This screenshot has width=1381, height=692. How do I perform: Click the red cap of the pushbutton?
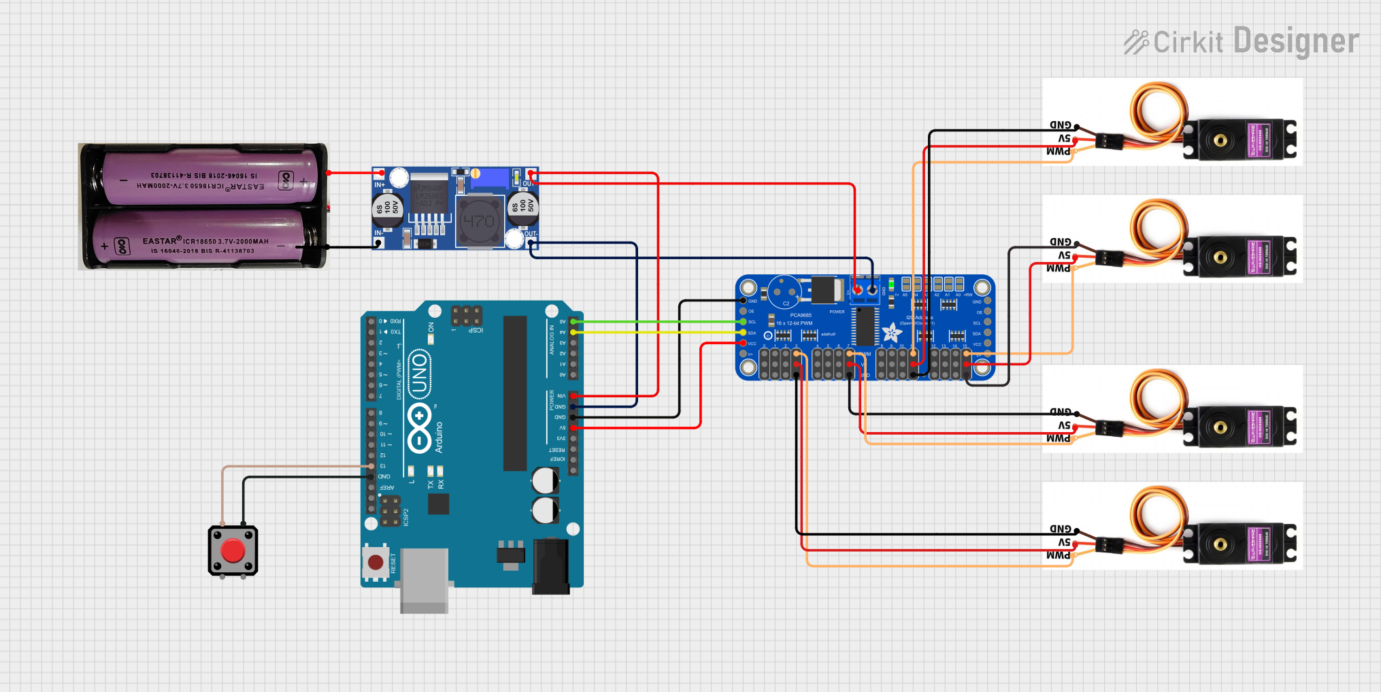[x=233, y=550]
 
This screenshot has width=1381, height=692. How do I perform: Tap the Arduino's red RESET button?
[x=376, y=563]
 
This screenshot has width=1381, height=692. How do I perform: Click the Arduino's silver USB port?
[x=425, y=578]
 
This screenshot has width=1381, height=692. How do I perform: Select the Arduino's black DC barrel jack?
[x=550, y=565]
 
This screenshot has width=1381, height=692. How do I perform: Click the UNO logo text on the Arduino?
[x=419, y=374]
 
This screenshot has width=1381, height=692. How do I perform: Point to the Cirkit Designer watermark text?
[x=1242, y=42]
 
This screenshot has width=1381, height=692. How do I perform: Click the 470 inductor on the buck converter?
[x=479, y=221]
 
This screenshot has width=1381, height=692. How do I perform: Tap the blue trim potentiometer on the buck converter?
[x=488, y=178]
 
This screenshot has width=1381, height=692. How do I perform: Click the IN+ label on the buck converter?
[x=380, y=184]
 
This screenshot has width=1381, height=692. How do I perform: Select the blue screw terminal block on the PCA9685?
[x=865, y=291]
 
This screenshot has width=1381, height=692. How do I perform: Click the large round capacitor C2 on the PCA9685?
[x=784, y=291]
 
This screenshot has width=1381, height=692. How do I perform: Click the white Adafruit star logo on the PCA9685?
[x=891, y=333]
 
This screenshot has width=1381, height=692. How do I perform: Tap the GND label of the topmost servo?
[x=1060, y=125]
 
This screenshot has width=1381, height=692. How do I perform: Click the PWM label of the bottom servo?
[x=1058, y=555]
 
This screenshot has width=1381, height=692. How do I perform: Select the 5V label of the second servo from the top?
[x=1063, y=255]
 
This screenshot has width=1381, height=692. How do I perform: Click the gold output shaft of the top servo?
[x=1220, y=141]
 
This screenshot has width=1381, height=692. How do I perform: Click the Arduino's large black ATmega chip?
[x=515, y=393]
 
